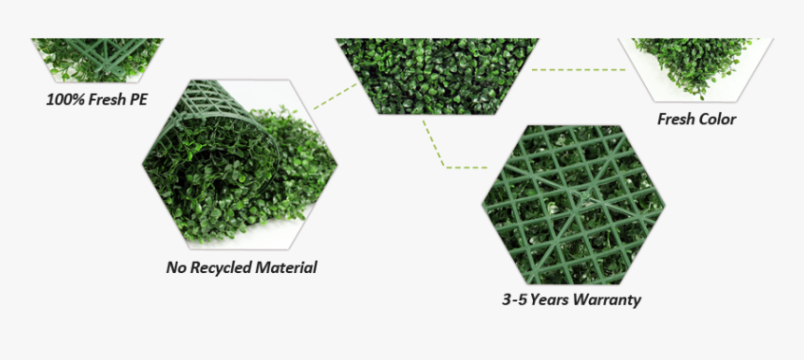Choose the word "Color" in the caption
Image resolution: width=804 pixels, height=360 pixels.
pyautogui.click(x=715, y=119)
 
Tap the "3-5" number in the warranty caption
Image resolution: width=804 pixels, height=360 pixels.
pyautogui.click(x=514, y=300)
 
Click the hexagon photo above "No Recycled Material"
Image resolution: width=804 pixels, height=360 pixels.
pyautogui.click(x=240, y=161)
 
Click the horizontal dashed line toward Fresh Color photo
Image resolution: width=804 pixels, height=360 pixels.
pyautogui.click(x=580, y=68)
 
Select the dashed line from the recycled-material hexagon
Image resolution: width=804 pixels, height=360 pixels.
pyautogui.click(x=335, y=95)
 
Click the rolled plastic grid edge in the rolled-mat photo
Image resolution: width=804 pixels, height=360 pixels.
pyautogui.click(x=210, y=103)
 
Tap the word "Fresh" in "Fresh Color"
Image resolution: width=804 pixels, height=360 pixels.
pyautogui.click(x=675, y=119)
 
